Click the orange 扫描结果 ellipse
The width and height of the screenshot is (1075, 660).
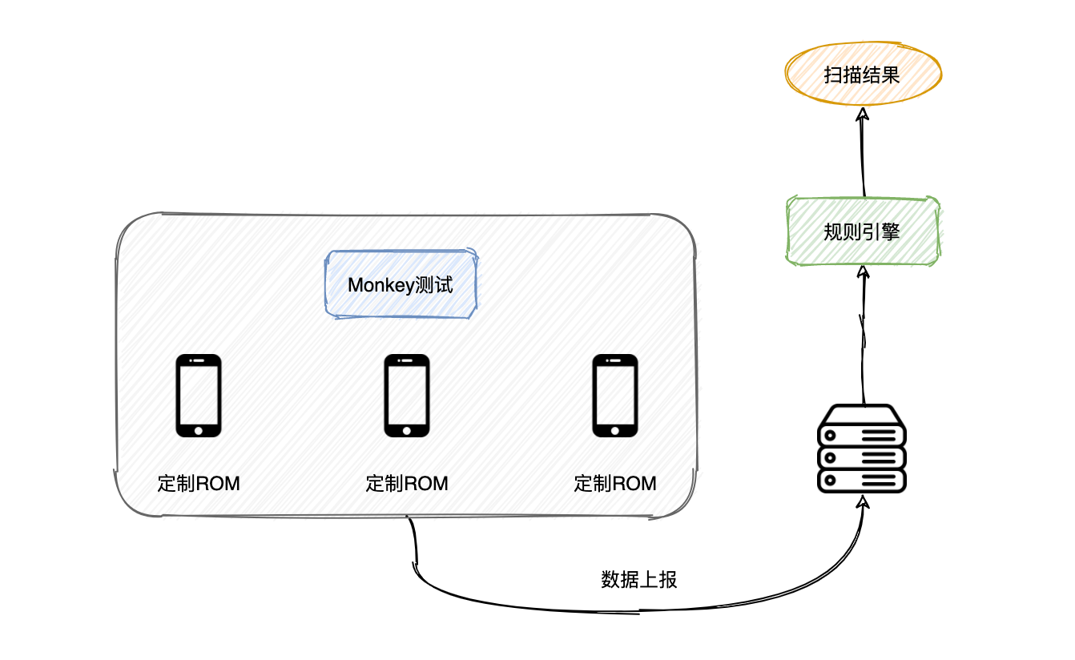(863, 75)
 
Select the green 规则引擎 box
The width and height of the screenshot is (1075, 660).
(862, 231)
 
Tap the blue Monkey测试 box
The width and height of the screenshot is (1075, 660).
(401, 285)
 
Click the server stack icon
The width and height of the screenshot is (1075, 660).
(862, 449)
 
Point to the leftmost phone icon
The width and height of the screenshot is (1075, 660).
(198, 396)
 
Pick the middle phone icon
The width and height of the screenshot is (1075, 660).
(407, 396)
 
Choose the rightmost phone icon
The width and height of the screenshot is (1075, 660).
(615, 396)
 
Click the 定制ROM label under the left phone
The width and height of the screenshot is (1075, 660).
(199, 484)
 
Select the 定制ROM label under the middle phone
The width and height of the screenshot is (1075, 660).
(407, 484)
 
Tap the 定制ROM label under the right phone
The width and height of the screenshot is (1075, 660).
(615, 484)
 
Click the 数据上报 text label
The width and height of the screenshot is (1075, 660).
(639, 580)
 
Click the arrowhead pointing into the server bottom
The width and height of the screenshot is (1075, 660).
(863, 502)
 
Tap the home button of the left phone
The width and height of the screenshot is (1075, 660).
(198, 430)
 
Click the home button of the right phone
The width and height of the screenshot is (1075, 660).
(615, 430)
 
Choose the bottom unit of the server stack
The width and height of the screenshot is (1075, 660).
(862, 481)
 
